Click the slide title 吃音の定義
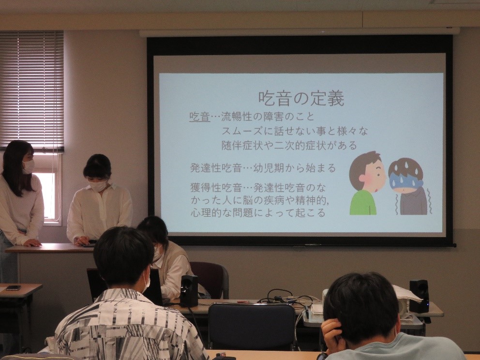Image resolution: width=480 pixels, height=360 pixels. [301, 98]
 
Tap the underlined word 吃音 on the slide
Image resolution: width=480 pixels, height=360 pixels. [199, 117]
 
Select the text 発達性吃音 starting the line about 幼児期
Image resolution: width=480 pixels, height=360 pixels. [216, 168]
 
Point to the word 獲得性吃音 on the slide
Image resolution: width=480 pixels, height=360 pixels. [216, 187]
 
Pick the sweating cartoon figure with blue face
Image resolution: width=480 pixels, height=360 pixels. [409, 186]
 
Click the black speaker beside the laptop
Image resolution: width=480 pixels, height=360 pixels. [189, 291]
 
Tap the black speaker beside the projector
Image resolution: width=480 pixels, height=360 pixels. [419, 296]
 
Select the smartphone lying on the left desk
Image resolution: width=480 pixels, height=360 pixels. [14, 288]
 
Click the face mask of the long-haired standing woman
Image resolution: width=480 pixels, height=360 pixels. [29, 167]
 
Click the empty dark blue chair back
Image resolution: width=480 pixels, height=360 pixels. [252, 326]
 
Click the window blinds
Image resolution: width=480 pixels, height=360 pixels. [32, 91]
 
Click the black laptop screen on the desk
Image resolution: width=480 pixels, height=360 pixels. [125, 286]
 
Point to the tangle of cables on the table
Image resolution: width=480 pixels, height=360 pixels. [285, 297]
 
